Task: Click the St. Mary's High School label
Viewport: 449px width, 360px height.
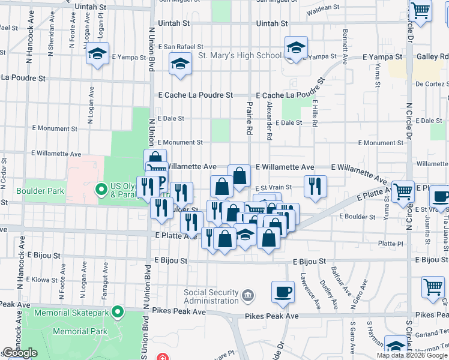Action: click(240, 56)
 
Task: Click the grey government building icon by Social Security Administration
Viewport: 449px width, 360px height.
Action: click(247, 296)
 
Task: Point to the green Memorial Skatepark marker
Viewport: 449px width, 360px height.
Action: click(118, 313)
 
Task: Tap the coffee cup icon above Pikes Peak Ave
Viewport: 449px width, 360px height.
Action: click(283, 292)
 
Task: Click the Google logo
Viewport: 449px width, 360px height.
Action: click(20, 353)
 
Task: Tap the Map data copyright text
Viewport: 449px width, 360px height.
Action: click(412, 355)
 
